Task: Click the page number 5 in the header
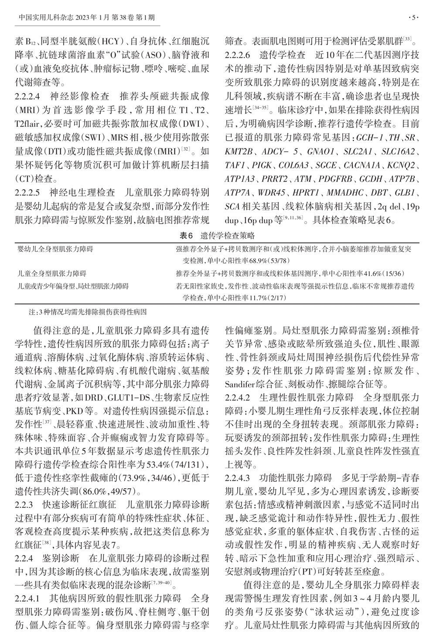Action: point(414,18)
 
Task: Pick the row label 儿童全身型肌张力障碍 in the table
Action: point(52,274)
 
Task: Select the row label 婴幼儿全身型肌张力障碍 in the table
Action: point(55,249)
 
